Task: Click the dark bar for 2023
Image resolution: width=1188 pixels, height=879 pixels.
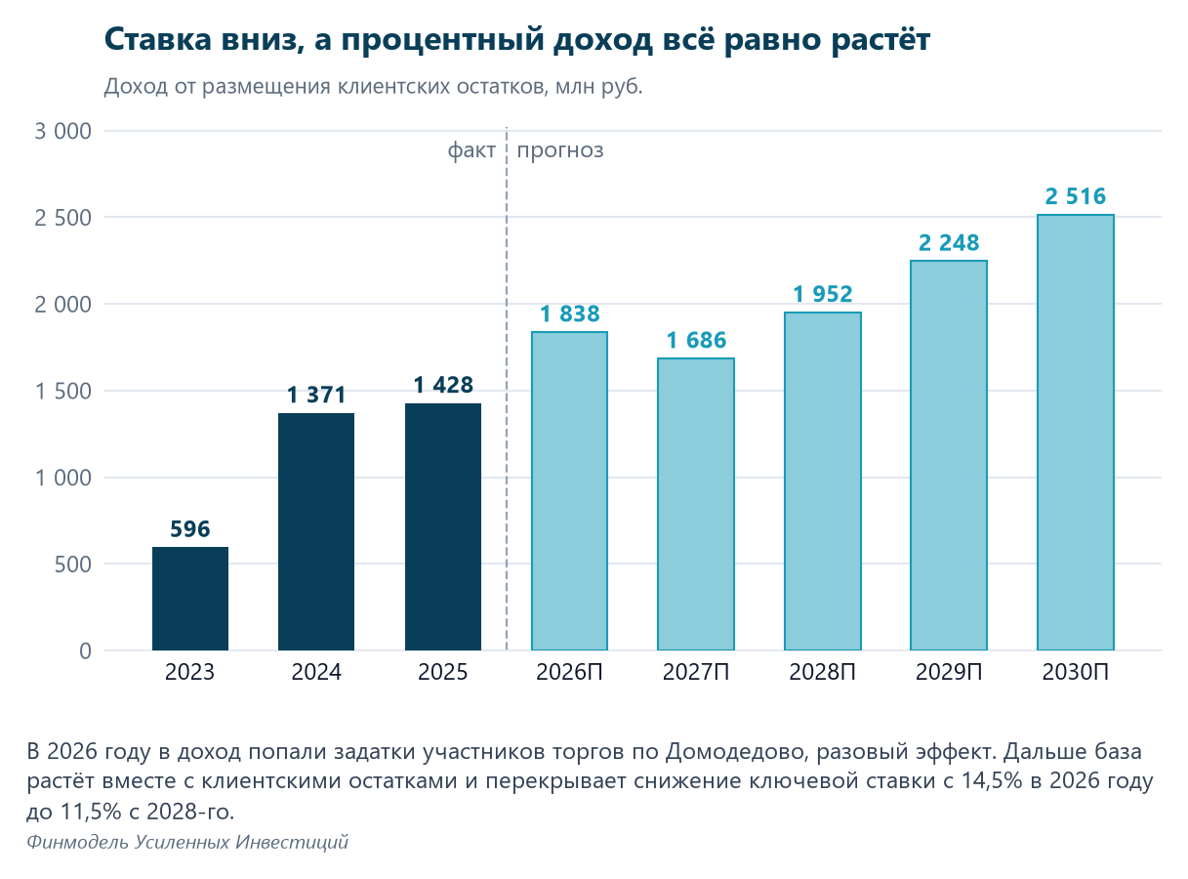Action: point(190,598)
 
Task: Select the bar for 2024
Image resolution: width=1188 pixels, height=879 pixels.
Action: point(316,531)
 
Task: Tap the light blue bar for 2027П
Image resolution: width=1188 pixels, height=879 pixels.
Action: point(696,504)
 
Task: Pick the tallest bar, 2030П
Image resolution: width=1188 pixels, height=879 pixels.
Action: point(1075,432)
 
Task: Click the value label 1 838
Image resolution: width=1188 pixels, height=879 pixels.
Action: point(569,314)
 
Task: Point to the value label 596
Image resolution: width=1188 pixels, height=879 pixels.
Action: point(190,529)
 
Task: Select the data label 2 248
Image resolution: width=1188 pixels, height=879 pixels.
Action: point(949,243)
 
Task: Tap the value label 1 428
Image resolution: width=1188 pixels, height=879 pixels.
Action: point(443,385)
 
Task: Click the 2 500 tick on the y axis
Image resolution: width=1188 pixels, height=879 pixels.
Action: point(62,218)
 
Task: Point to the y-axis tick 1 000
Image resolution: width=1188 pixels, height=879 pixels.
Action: point(62,479)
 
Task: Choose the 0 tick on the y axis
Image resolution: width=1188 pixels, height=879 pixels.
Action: point(85,651)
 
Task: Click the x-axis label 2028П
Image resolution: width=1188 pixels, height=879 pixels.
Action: point(822,672)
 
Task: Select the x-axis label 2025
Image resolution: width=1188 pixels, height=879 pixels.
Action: point(442,672)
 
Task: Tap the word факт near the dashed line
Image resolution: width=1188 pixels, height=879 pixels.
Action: point(471,150)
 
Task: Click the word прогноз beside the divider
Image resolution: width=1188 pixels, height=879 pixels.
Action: point(559,151)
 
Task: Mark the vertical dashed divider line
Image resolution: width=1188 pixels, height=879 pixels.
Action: point(507,389)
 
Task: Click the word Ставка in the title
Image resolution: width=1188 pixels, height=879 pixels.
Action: point(158,39)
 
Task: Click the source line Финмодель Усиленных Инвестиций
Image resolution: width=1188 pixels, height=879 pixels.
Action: point(187,842)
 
